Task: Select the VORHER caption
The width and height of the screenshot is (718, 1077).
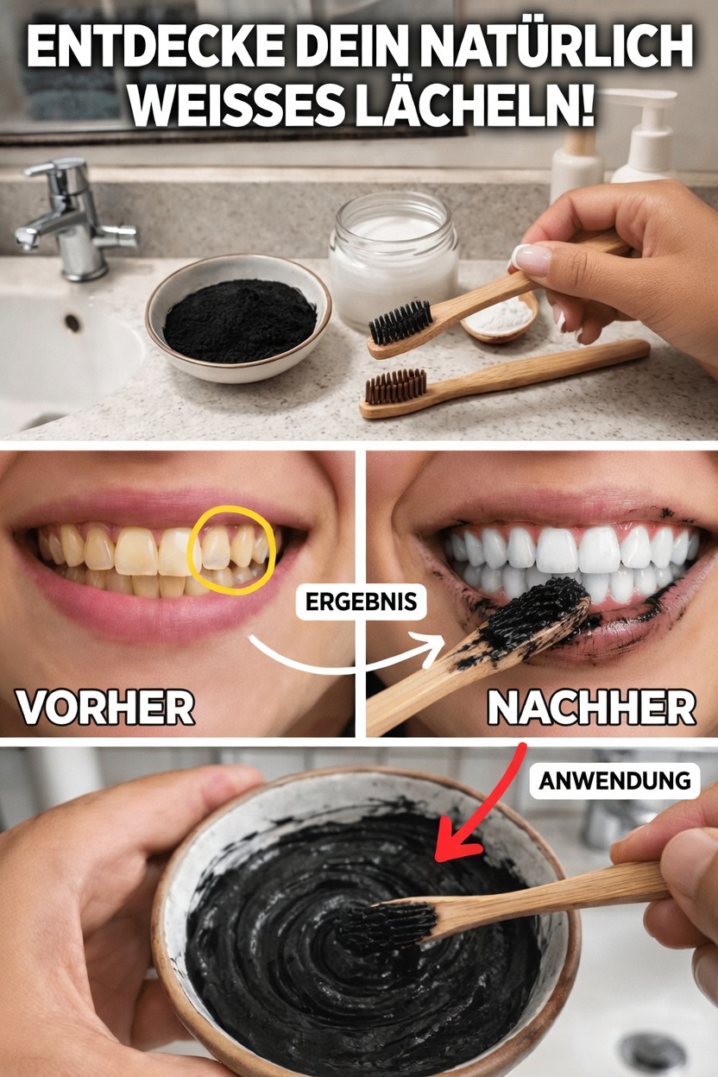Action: (x=105, y=709)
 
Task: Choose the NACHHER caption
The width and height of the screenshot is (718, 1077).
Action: (x=591, y=709)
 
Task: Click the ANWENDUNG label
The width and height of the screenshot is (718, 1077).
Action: (x=614, y=781)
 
